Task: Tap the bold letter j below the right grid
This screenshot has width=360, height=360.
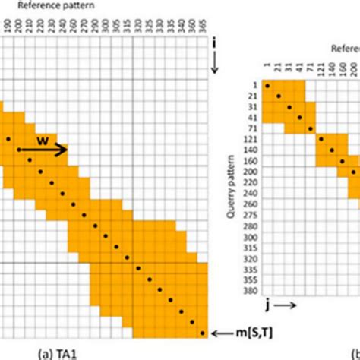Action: pos(267,307)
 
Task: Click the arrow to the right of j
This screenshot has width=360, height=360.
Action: pos(289,307)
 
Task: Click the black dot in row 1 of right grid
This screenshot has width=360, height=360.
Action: pos(268,86)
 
